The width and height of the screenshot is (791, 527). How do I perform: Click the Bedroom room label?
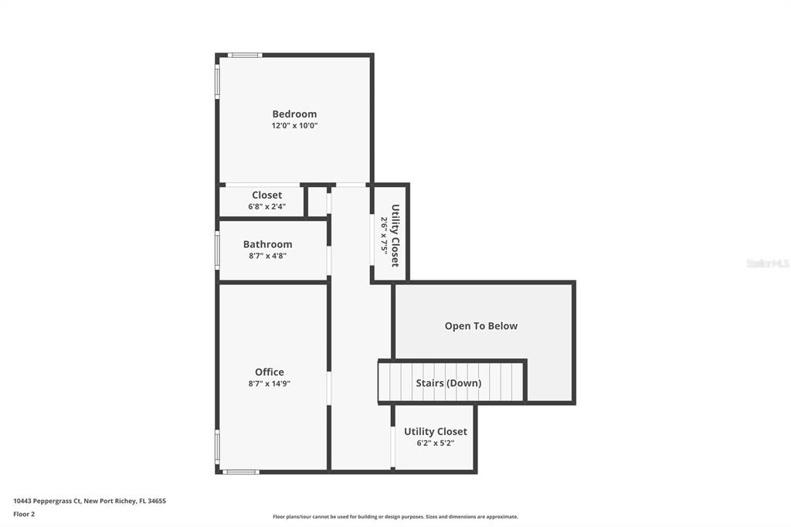(x=294, y=114)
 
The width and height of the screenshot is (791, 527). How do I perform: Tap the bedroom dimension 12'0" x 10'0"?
(x=294, y=125)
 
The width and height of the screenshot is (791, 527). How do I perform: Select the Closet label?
(x=266, y=195)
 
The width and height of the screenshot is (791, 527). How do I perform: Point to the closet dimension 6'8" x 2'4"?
(x=266, y=206)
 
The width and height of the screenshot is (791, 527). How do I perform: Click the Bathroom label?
(x=267, y=244)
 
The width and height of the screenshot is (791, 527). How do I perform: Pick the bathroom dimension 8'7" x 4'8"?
(x=267, y=256)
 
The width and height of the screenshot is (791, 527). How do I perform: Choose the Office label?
(x=270, y=372)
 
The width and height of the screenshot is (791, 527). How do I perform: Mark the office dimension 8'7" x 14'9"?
(x=270, y=383)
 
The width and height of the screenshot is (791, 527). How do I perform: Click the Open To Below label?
(x=481, y=326)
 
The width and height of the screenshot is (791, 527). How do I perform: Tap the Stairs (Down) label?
(x=448, y=382)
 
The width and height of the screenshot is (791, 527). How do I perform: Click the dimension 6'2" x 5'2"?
(x=436, y=443)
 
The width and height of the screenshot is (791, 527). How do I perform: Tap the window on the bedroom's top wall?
(x=245, y=55)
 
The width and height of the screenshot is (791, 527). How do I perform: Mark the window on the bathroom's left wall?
(x=217, y=250)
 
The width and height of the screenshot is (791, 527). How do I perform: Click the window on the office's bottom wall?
(x=240, y=471)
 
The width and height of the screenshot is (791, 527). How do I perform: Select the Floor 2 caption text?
(x=24, y=514)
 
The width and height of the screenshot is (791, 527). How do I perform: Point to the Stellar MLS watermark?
(x=767, y=263)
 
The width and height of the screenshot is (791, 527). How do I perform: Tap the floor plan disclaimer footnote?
(x=395, y=517)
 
